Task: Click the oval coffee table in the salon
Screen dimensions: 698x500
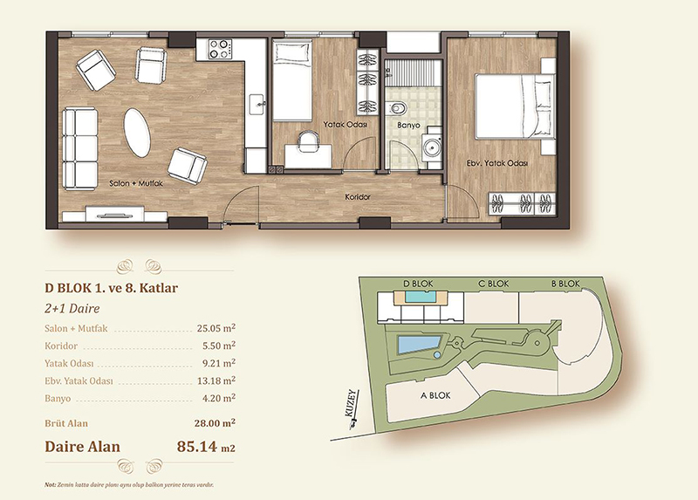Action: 137,133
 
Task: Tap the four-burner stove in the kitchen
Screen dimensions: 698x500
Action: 221,49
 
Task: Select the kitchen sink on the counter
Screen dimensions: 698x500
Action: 257,104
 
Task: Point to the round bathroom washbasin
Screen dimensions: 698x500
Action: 431,145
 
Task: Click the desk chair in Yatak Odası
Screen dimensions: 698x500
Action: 309,140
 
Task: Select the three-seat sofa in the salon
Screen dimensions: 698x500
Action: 80,148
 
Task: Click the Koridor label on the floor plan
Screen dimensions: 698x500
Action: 358,196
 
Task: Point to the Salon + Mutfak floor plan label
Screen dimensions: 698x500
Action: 136,183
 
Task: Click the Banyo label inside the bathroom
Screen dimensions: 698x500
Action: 408,125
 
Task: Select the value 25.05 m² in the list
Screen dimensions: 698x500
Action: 216,328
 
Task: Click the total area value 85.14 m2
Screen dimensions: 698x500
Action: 206,446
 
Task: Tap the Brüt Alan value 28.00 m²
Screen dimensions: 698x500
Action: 215,422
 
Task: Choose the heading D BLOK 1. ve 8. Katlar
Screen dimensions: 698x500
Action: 112,288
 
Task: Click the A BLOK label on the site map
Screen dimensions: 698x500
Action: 435,395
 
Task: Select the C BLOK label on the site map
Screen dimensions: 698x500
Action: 493,284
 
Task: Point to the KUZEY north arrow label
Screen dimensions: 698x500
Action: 353,403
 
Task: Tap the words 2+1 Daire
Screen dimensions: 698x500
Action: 72,308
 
